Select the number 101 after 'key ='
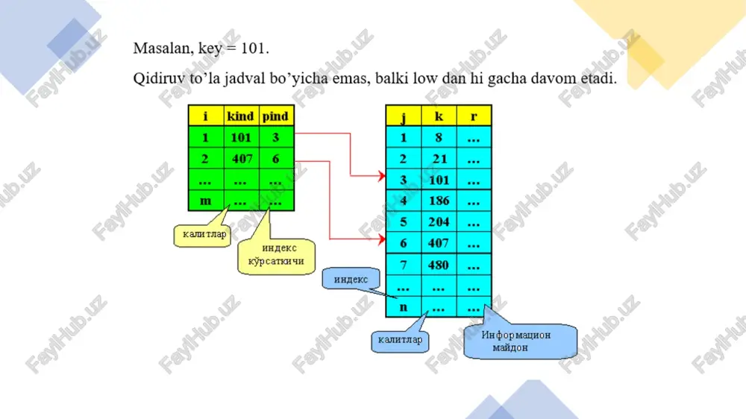pyautogui.click(x=254, y=48)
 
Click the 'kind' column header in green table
pyautogui.click(x=241, y=116)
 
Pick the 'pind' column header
pyautogui.click(x=275, y=116)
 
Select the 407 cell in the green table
pyautogui.click(x=242, y=158)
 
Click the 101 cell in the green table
pyautogui.click(x=241, y=137)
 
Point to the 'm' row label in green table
pyautogui.click(x=206, y=201)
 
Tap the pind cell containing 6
pyautogui.click(x=275, y=158)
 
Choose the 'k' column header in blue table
pyautogui.click(x=439, y=116)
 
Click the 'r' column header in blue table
pyautogui.click(x=474, y=116)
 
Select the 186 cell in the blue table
pyautogui.click(x=439, y=201)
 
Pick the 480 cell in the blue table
pyautogui.click(x=438, y=265)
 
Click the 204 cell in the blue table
pyautogui.click(x=439, y=221)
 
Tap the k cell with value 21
pyautogui.click(x=439, y=158)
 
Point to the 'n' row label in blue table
pyautogui.click(x=404, y=306)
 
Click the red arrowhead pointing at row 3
pyautogui.click(x=381, y=176)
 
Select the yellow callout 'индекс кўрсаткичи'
pyautogui.click(x=277, y=255)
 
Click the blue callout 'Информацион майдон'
pyautogui.click(x=521, y=341)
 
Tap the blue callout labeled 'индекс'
pyautogui.click(x=351, y=279)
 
